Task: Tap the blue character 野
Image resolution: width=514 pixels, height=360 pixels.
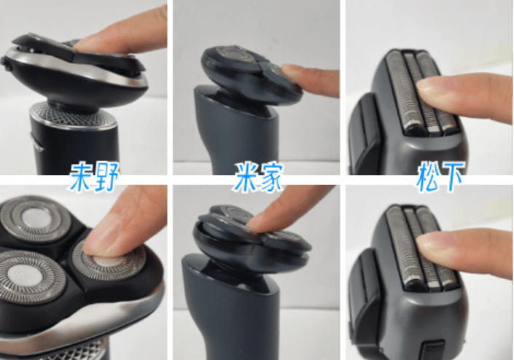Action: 106,177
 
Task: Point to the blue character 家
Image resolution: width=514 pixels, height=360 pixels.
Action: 270,177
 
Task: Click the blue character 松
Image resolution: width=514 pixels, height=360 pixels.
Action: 428,177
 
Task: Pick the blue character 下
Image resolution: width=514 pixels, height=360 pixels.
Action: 452,177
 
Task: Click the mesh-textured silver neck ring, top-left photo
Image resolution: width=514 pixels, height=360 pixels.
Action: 73,115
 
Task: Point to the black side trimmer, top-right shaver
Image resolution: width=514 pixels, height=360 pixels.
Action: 364,134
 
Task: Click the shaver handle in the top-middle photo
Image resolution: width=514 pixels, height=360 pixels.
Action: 236,131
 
